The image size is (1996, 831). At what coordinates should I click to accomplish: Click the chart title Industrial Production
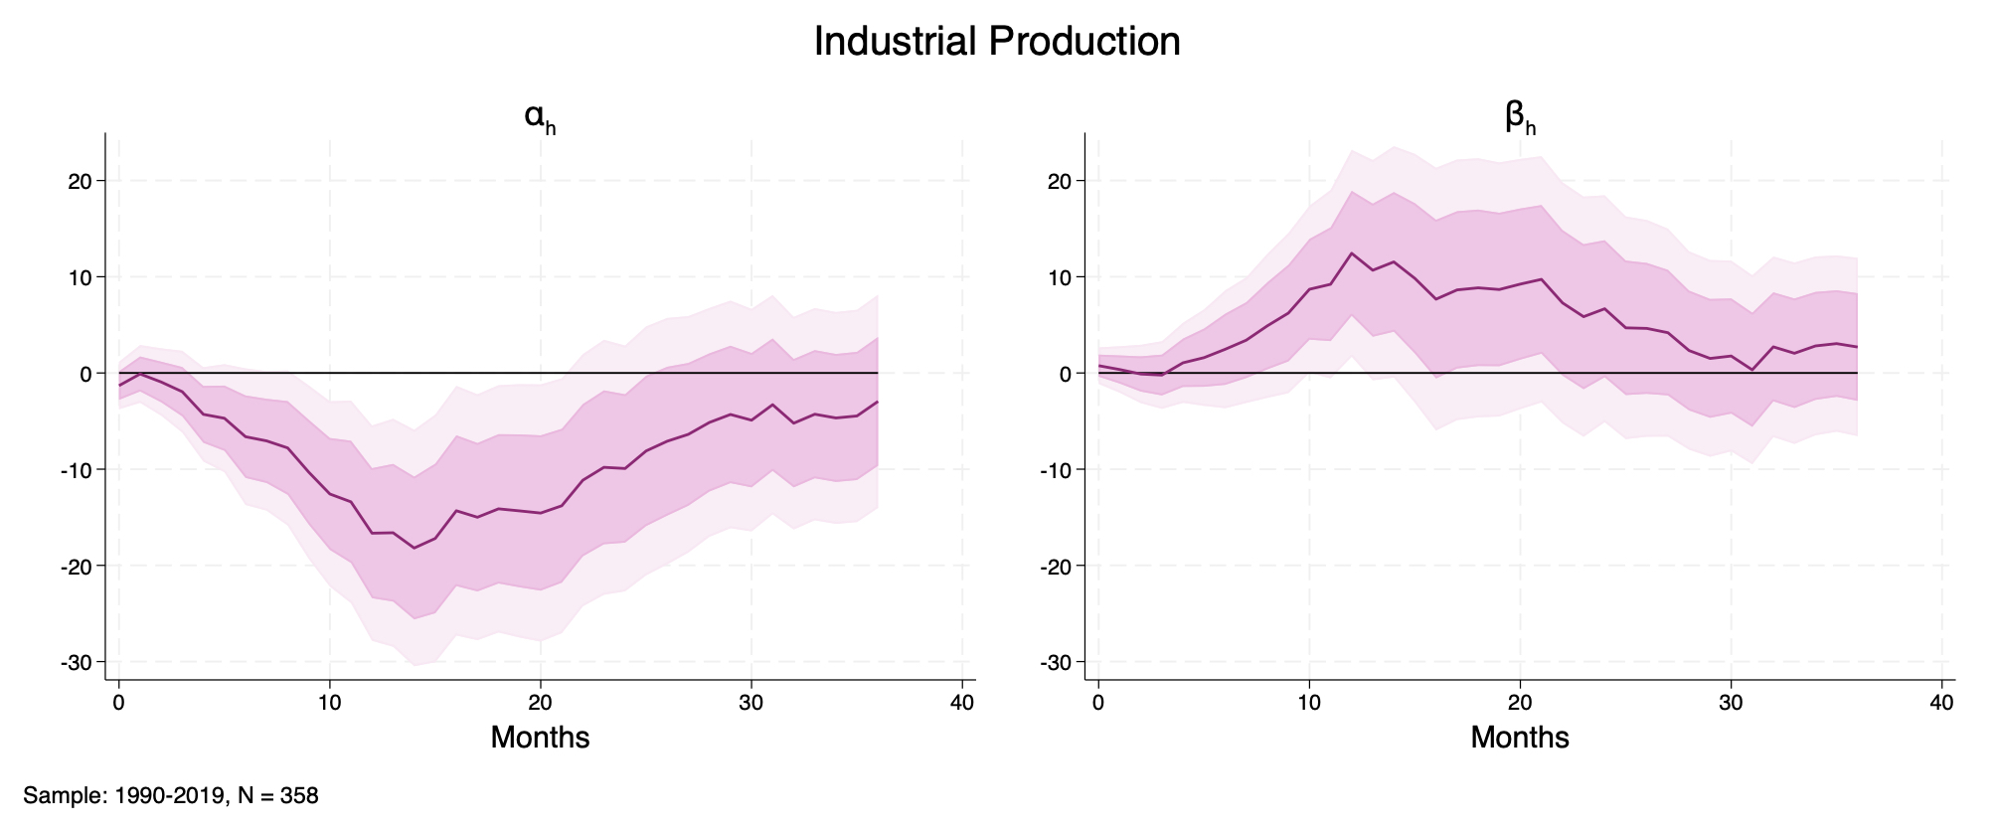[997, 42]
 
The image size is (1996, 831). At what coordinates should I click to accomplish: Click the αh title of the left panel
[539, 118]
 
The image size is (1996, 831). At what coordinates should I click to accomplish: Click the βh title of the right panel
[1520, 118]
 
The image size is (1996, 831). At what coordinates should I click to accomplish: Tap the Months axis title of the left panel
[540, 738]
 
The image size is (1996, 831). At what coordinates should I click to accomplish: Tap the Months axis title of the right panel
[1520, 738]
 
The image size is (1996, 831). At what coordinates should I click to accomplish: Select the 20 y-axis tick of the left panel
[80, 181]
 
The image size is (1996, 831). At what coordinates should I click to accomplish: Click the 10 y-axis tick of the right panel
[1060, 277]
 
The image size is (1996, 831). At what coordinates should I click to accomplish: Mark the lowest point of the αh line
[414, 548]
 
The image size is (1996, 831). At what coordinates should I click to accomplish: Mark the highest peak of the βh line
[1352, 253]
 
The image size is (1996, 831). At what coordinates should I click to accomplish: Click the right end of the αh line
[877, 402]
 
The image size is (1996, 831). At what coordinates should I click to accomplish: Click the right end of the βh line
[1857, 347]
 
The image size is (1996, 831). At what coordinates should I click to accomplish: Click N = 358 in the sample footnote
[278, 796]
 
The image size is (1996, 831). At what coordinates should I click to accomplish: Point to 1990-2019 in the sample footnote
[171, 796]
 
